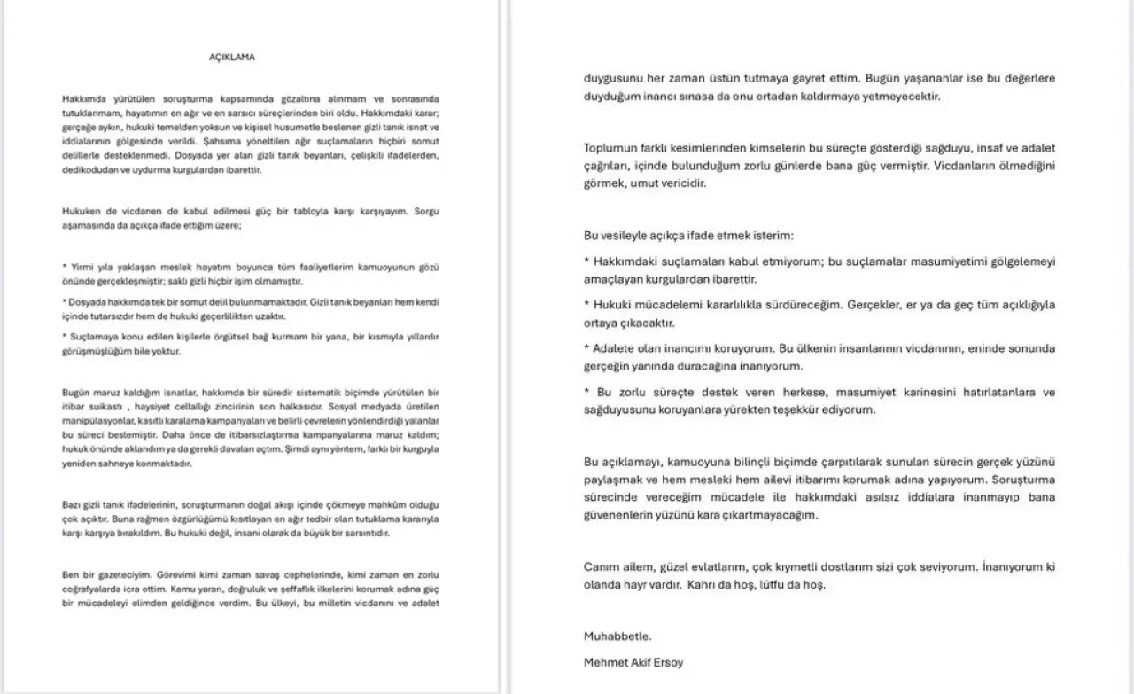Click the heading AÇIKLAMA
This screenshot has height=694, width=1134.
tap(231, 57)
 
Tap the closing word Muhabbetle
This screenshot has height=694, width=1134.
tap(617, 636)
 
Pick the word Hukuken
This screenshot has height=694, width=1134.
tap(81, 211)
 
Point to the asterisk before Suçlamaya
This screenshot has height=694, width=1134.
tap(65, 337)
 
